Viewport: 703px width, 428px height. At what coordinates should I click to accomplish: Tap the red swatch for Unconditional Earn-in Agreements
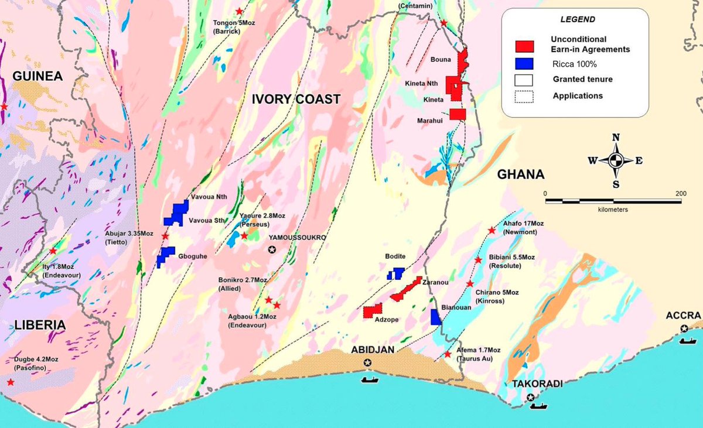[524, 46]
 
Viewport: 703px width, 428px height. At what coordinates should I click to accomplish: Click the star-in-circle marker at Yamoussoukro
[272, 250]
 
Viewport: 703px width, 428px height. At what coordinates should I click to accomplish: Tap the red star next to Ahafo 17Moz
[492, 231]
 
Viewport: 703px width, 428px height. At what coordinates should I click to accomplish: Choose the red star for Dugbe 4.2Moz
[11, 382]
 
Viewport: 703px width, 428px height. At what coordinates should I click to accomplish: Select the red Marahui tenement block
[458, 114]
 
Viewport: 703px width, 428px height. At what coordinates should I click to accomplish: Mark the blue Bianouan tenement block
[435, 317]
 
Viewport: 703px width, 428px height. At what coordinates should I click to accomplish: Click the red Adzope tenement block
[372, 311]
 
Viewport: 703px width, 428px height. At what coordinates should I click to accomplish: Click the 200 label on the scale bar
[681, 193]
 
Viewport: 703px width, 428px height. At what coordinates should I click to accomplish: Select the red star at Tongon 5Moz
[239, 11]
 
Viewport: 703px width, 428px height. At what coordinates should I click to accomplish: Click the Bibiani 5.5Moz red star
[478, 260]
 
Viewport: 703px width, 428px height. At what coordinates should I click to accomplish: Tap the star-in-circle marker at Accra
[684, 328]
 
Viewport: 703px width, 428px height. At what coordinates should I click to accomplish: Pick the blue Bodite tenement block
[396, 273]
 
